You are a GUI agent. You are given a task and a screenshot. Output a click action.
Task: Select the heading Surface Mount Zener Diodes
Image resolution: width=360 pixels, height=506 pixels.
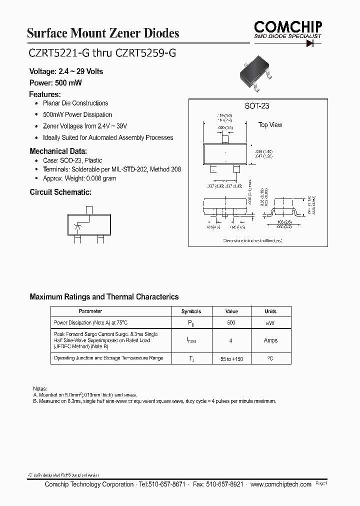pyautogui.click(x=102, y=33)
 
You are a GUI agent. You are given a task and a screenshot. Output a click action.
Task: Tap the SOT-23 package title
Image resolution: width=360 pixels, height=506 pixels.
pyautogui.click(x=257, y=106)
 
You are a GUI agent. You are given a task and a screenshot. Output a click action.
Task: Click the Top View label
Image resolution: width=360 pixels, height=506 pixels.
pyautogui.click(x=270, y=125)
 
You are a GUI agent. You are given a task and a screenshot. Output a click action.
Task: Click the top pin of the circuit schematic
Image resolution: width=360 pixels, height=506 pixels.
pyautogui.click(x=89, y=210)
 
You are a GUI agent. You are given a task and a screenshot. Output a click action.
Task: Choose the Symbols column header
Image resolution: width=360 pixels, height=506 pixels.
pyautogui.click(x=191, y=311)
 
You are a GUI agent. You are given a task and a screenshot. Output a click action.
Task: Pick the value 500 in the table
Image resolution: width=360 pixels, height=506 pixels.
pyautogui.click(x=231, y=323)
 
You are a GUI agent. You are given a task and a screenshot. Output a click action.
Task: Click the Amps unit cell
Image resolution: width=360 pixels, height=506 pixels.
pyautogui.click(x=270, y=340)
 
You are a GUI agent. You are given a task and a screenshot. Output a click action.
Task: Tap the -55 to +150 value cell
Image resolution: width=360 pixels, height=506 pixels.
pyautogui.click(x=231, y=359)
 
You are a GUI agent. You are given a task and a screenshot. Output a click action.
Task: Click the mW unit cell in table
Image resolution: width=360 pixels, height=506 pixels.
pyautogui.click(x=270, y=323)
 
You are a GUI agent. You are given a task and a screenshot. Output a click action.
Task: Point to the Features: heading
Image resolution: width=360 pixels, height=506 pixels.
pyautogui.click(x=45, y=94)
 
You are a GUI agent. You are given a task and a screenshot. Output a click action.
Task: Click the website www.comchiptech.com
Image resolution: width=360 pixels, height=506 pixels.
pyautogui.click(x=281, y=484)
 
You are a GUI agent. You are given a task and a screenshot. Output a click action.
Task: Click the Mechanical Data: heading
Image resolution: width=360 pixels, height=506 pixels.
pyautogui.click(x=58, y=151)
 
